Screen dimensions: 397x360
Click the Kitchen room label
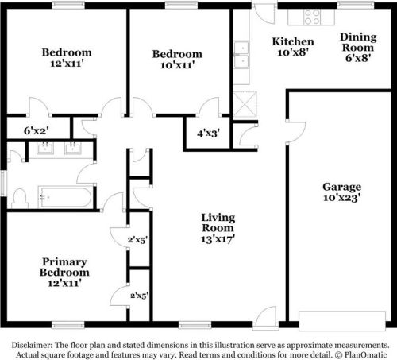293,41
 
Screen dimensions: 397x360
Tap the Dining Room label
358,42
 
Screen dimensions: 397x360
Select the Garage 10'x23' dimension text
341,198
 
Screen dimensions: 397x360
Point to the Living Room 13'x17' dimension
218,239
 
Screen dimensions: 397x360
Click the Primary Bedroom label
64,267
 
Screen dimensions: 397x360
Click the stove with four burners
312,17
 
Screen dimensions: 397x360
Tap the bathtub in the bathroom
65,197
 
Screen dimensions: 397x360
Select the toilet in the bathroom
19,199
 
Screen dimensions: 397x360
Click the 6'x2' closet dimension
37,130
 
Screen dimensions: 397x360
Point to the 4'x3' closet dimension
208,133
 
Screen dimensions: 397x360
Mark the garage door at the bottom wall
342,321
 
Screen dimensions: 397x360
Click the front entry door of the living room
265,318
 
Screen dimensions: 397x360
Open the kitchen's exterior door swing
264,14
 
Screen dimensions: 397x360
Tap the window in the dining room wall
355,5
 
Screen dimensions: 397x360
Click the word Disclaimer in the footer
32,345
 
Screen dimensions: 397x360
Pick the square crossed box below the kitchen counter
245,104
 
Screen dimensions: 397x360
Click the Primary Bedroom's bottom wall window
68,325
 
